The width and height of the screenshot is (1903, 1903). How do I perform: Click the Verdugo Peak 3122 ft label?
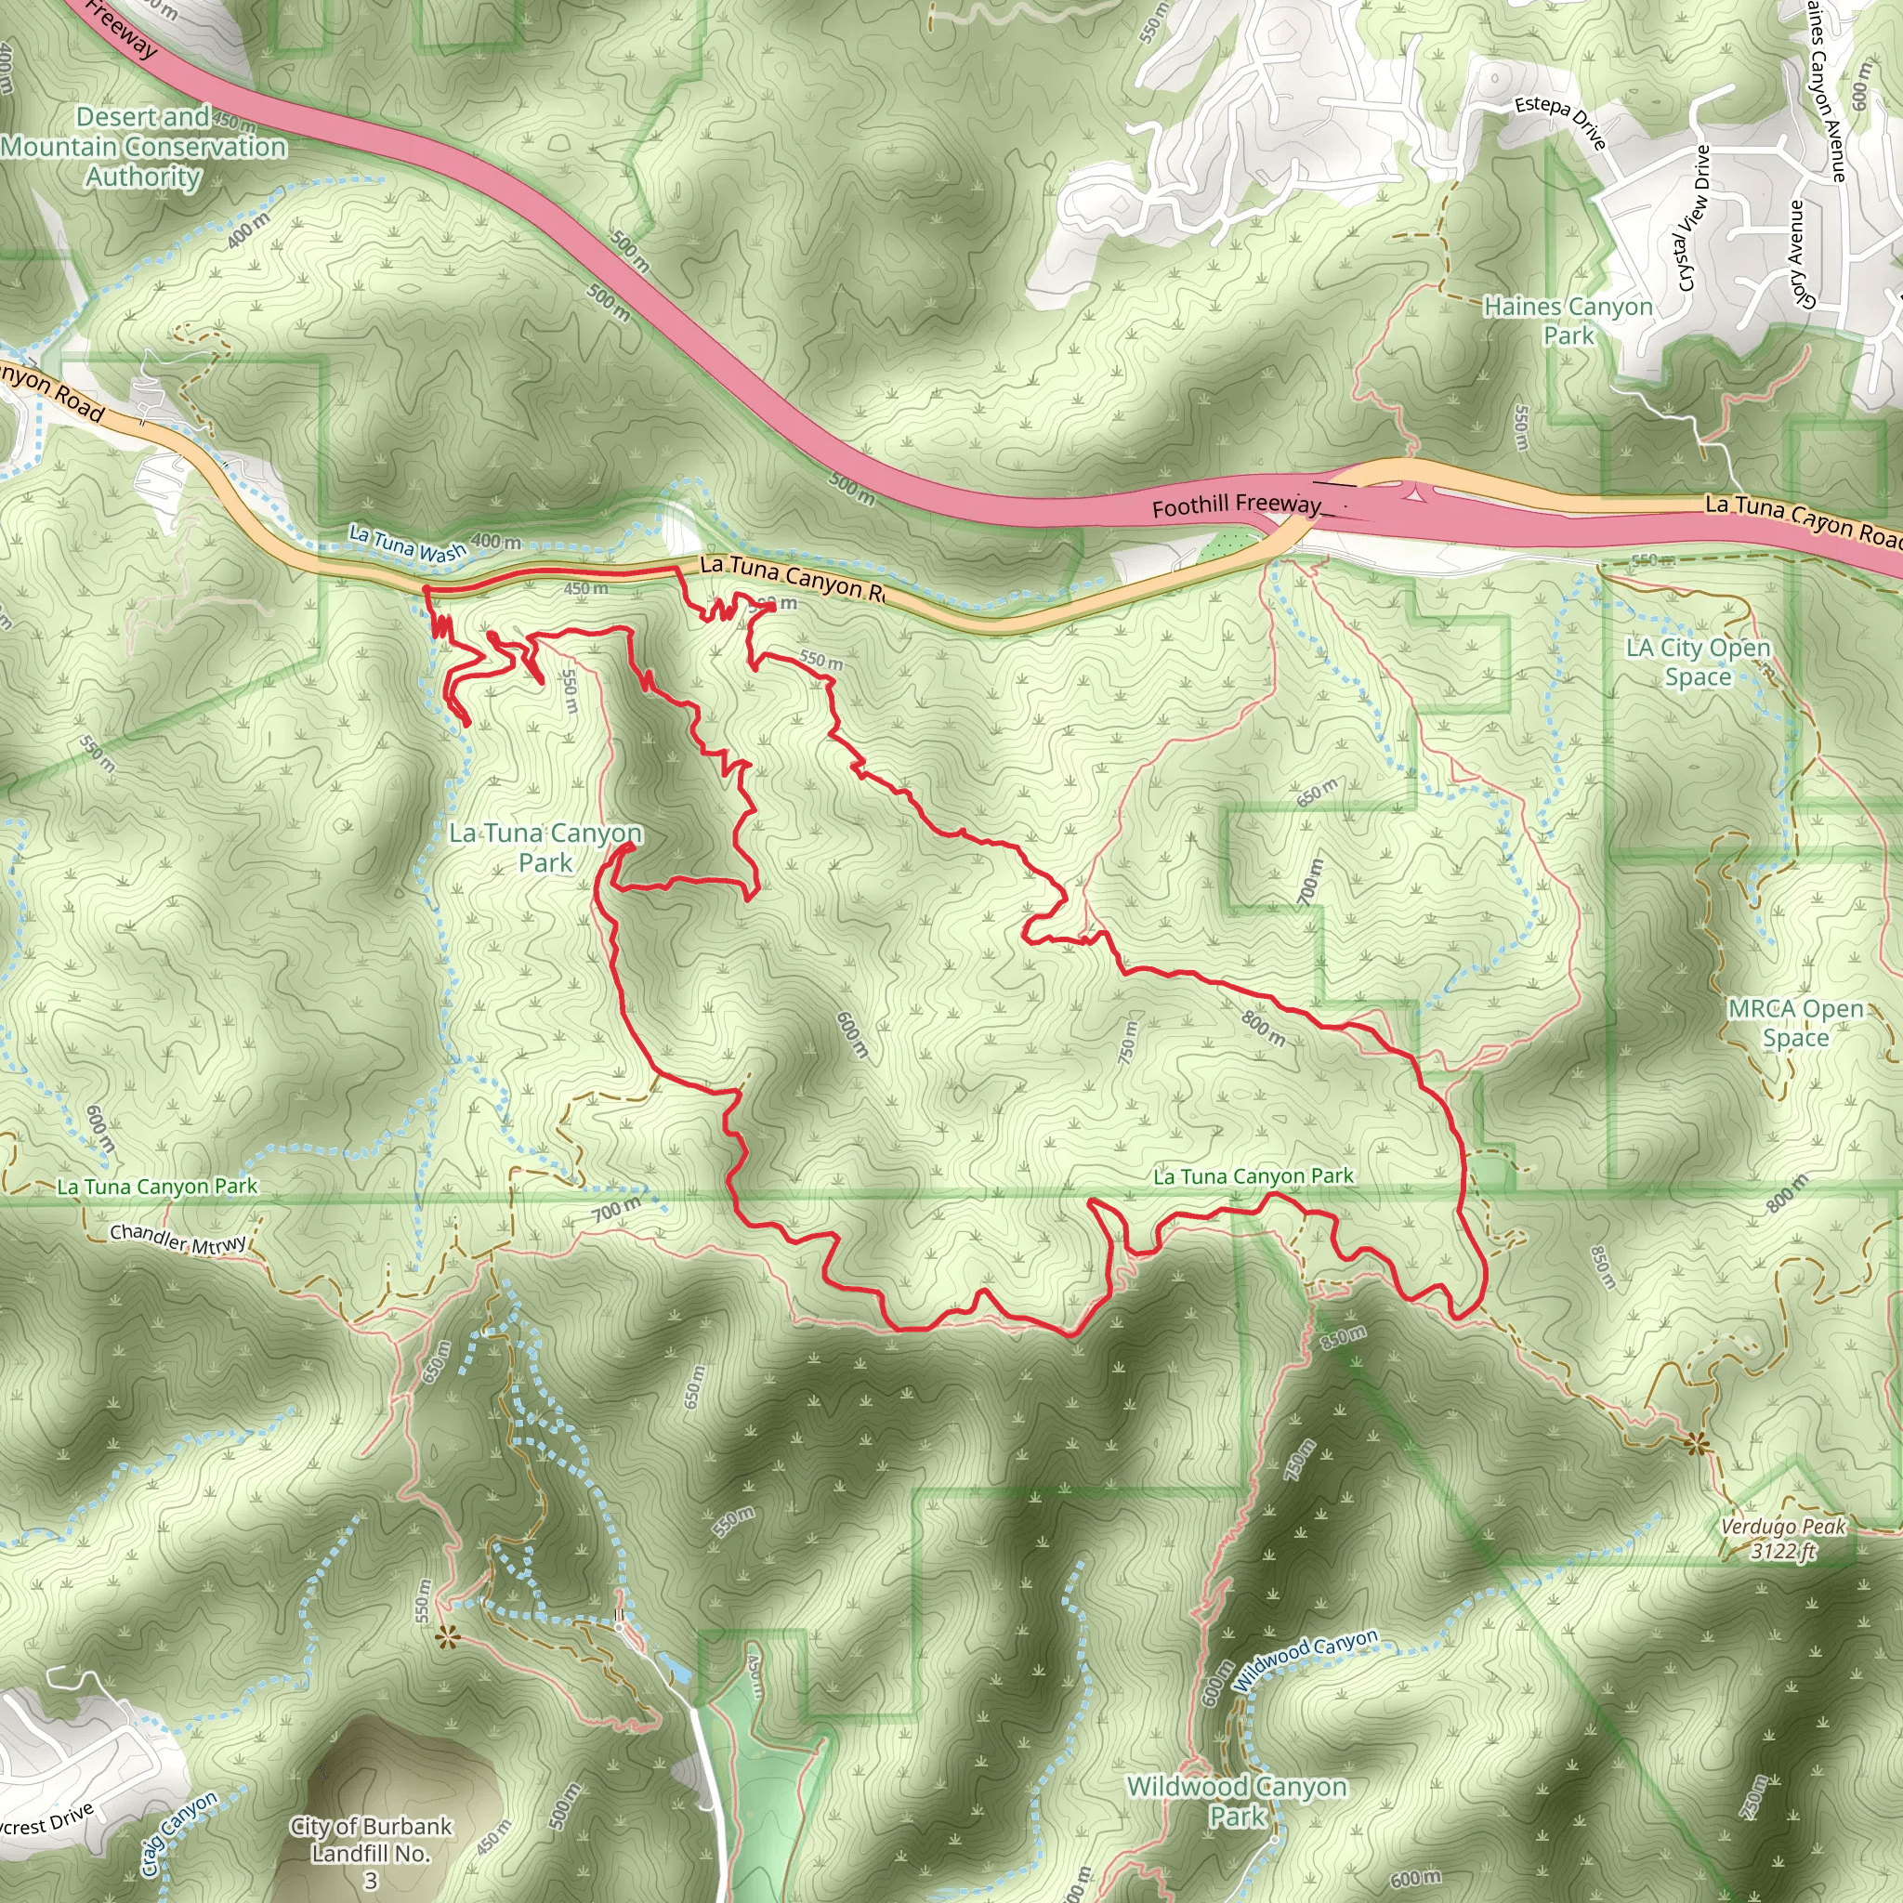click(1783, 1539)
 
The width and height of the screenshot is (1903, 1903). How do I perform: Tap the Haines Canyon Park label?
click(1568, 322)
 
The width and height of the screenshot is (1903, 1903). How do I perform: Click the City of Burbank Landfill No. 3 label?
click(372, 1853)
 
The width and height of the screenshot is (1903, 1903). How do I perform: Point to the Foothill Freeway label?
click(1236, 505)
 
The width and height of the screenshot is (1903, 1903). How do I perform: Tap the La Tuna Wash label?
click(408, 544)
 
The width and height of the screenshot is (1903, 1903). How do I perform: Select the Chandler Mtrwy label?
click(178, 1240)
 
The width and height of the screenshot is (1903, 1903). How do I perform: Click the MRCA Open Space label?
click(1795, 1023)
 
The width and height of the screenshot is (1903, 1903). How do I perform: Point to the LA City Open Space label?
click(1699, 662)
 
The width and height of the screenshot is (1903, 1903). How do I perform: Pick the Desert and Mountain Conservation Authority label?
click(144, 147)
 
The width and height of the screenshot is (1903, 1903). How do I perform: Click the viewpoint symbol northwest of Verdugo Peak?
click(1695, 1445)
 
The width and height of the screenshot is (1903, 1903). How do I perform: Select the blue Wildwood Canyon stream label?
click(1306, 1659)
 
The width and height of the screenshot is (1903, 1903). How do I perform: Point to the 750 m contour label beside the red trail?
click(1129, 1043)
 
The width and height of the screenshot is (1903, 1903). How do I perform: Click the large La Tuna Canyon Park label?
click(545, 847)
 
